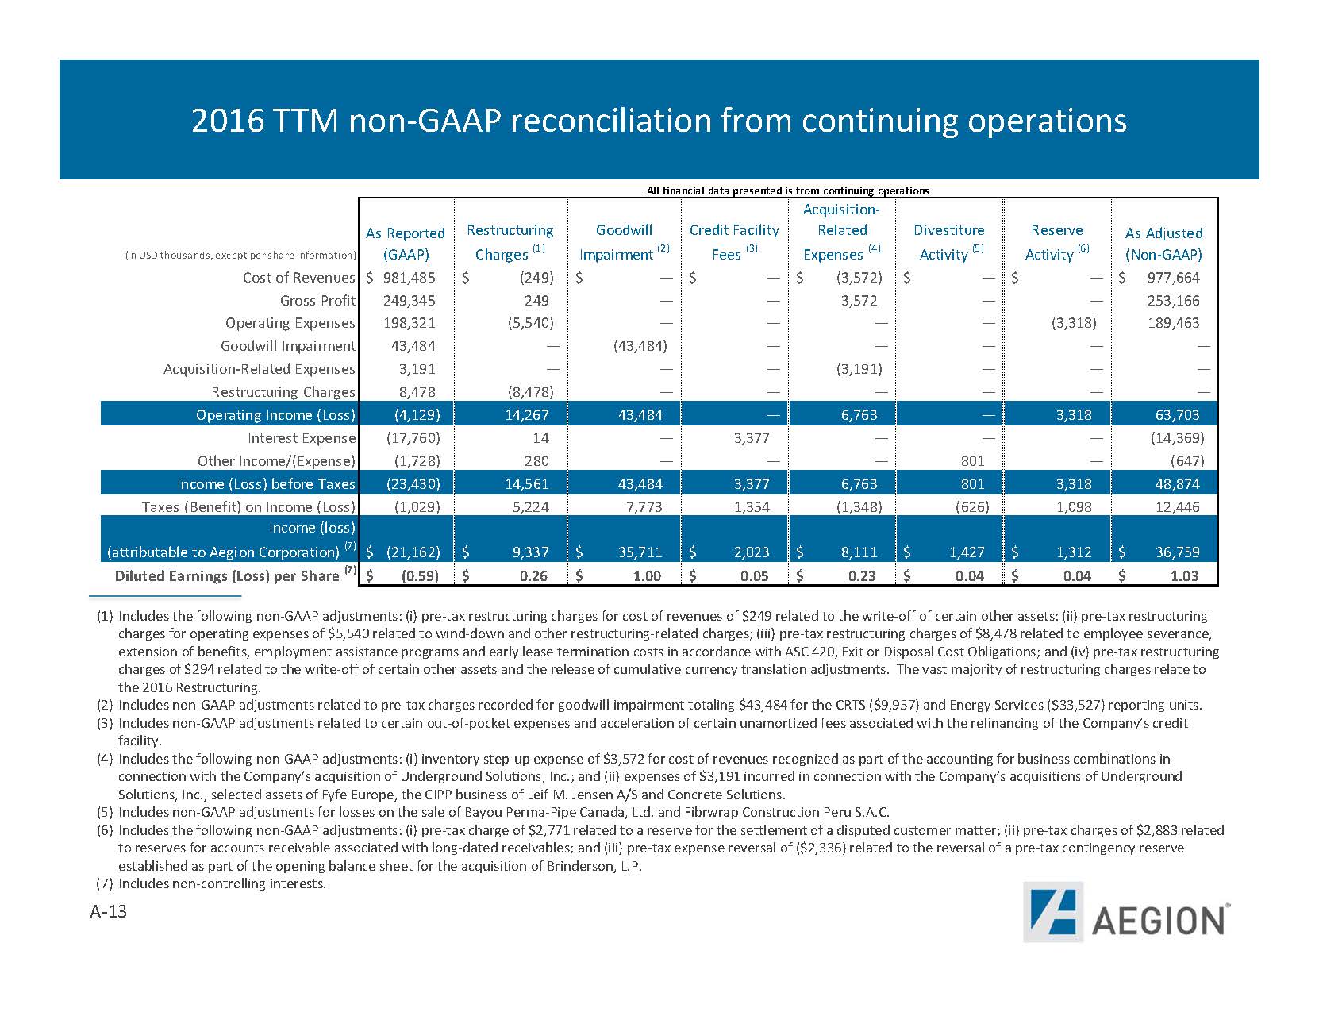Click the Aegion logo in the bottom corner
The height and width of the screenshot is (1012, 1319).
1126,911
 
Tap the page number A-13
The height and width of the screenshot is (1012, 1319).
108,912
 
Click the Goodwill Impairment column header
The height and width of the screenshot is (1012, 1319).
624,241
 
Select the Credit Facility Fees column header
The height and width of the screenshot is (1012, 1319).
734,241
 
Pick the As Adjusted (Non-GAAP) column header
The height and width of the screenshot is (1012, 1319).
1163,244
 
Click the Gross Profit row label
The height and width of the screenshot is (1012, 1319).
317,301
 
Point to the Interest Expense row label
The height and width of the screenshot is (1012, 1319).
302,438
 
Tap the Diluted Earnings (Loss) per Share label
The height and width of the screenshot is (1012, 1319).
227,576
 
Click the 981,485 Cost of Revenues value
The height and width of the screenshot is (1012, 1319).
409,278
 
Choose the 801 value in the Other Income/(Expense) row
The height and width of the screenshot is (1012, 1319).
972,461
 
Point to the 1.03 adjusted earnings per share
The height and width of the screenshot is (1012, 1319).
1184,576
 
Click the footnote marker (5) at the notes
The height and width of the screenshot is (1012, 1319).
104,812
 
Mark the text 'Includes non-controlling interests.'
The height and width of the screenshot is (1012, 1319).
222,883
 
